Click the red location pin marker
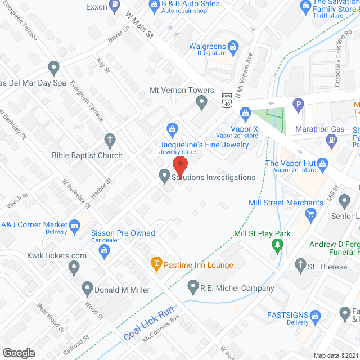pyautogui.click(x=179, y=166)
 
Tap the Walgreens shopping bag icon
pyautogui.click(x=232, y=46)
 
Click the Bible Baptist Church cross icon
pyautogui.click(x=110, y=139)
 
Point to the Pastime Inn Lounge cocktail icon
pyautogui.click(x=156, y=263)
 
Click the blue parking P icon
pyautogui.click(x=298, y=104)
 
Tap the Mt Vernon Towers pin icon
pyautogui.click(x=202, y=102)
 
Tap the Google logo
pyautogui.click(x=18, y=353)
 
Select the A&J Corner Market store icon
pyautogui.click(x=74, y=224)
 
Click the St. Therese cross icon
pyautogui.click(x=301, y=265)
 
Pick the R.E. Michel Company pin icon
pyautogui.click(x=193, y=288)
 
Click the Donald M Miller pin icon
pyautogui.click(x=87, y=289)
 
